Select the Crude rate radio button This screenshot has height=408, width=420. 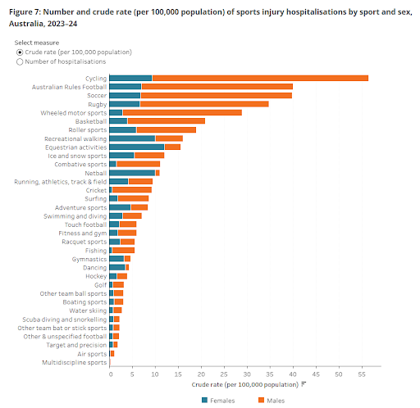coord(20,52)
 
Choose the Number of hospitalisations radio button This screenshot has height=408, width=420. coord(20,61)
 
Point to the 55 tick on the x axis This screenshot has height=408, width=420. coord(362,374)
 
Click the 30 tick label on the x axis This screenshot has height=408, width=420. coord(247,374)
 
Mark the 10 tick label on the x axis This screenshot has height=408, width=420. coord(155,374)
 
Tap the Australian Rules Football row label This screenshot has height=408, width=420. coord(69,86)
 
